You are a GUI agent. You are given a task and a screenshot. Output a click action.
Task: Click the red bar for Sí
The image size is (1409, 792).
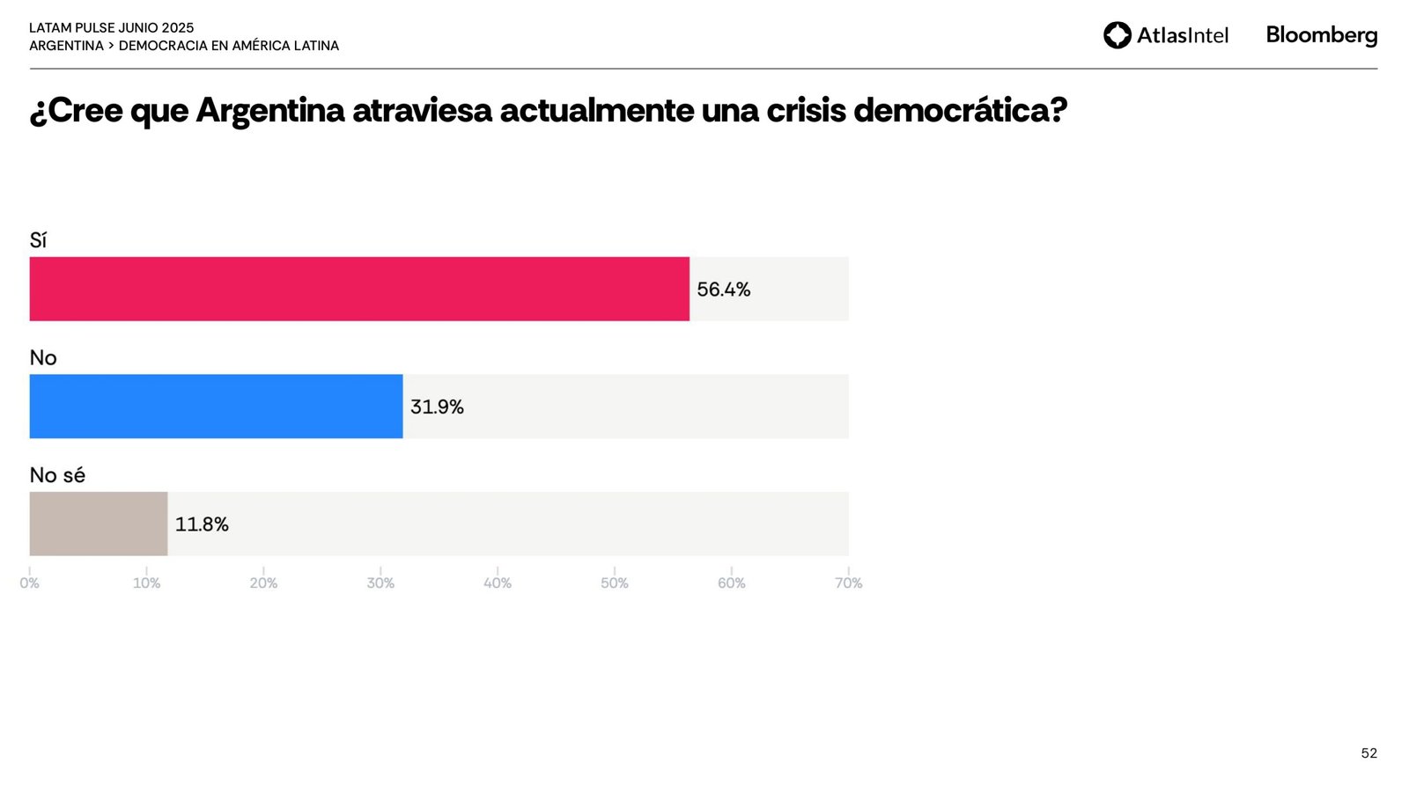[x=359, y=289]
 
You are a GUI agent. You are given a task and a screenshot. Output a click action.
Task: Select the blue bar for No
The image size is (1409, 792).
[x=216, y=407]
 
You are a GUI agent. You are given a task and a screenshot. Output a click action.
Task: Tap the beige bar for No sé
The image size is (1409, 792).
[x=99, y=524]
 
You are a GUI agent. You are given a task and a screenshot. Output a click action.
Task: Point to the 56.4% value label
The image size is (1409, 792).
[x=723, y=290]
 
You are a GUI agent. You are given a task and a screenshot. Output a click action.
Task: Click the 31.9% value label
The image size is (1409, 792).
[x=437, y=407]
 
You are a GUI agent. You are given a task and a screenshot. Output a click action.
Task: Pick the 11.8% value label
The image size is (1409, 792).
[x=202, y=524]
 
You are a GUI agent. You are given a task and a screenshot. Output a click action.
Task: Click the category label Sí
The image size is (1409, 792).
[x=38, y=240]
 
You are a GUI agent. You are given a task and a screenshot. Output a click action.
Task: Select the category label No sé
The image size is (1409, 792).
[x=57, y=475]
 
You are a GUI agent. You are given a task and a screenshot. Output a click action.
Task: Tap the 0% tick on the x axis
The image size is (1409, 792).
[x=30, y=583]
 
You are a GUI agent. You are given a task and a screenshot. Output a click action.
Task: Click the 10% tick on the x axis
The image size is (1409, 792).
[x=146, y=583]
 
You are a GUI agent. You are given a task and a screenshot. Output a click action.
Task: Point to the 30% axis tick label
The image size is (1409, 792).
[x=380, y=583]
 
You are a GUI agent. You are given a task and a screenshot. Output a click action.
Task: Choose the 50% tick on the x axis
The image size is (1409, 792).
[x=615, y=583]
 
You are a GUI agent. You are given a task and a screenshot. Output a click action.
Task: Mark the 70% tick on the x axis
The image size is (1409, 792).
[x=849, y=583]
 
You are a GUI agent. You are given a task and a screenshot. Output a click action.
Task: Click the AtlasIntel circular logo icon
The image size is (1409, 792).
[x=1118, y=35]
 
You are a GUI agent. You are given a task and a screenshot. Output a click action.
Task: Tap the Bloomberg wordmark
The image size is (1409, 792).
[x=1321, y=35]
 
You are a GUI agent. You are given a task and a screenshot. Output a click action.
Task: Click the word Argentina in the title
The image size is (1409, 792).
[x=270, y=111]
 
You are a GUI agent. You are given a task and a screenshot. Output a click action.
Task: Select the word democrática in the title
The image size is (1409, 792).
[x=960, y=111]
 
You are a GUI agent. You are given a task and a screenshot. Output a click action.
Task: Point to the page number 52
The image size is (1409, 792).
[x=1368, y=753]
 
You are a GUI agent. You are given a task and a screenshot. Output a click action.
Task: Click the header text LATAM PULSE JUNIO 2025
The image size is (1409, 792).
[x=111, y=28]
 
